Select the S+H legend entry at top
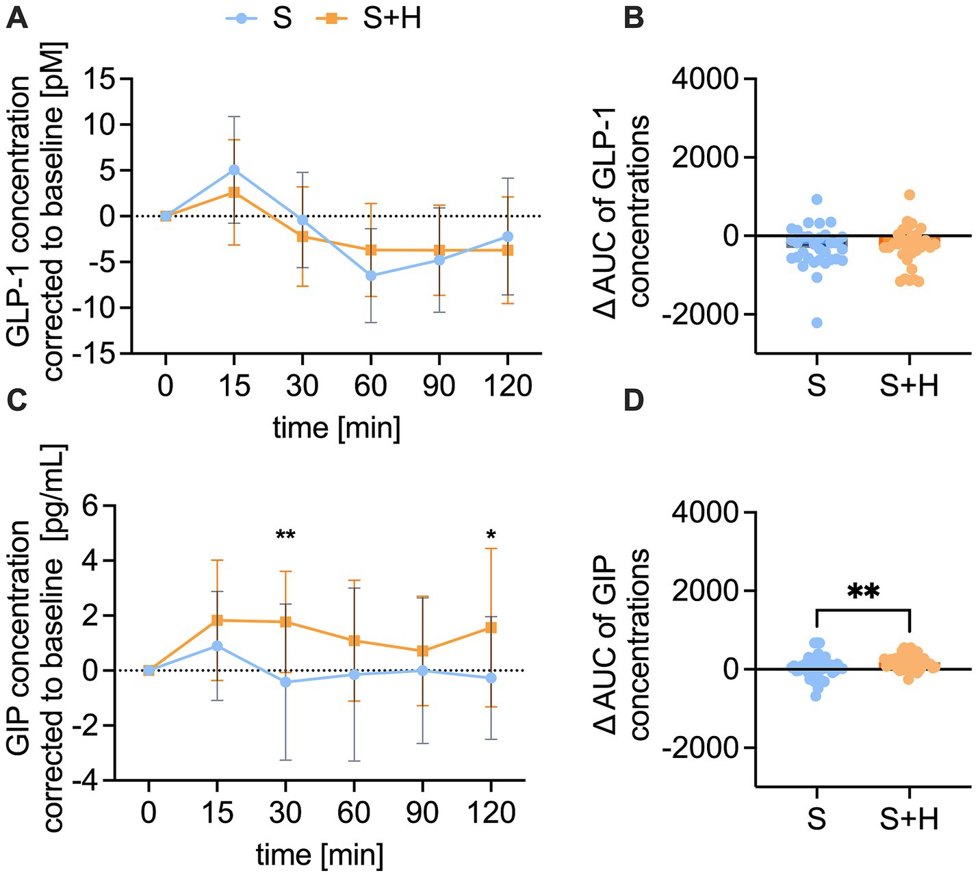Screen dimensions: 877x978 point(370,18)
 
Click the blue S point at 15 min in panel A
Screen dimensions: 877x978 point(234,170)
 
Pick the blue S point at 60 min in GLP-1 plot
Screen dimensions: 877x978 point(371,275)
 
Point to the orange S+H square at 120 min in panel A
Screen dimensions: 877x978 point(507,251)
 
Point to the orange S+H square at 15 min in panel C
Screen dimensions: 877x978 point(218,620)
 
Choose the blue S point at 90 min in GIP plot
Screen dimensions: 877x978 point(423,671)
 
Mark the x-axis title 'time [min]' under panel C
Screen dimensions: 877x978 point(320,855)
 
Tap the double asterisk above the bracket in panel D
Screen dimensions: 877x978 point(863,592)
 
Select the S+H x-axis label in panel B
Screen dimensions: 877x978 point(909,385)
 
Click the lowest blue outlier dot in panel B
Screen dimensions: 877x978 point(816,322)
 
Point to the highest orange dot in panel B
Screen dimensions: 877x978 point(910,194)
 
